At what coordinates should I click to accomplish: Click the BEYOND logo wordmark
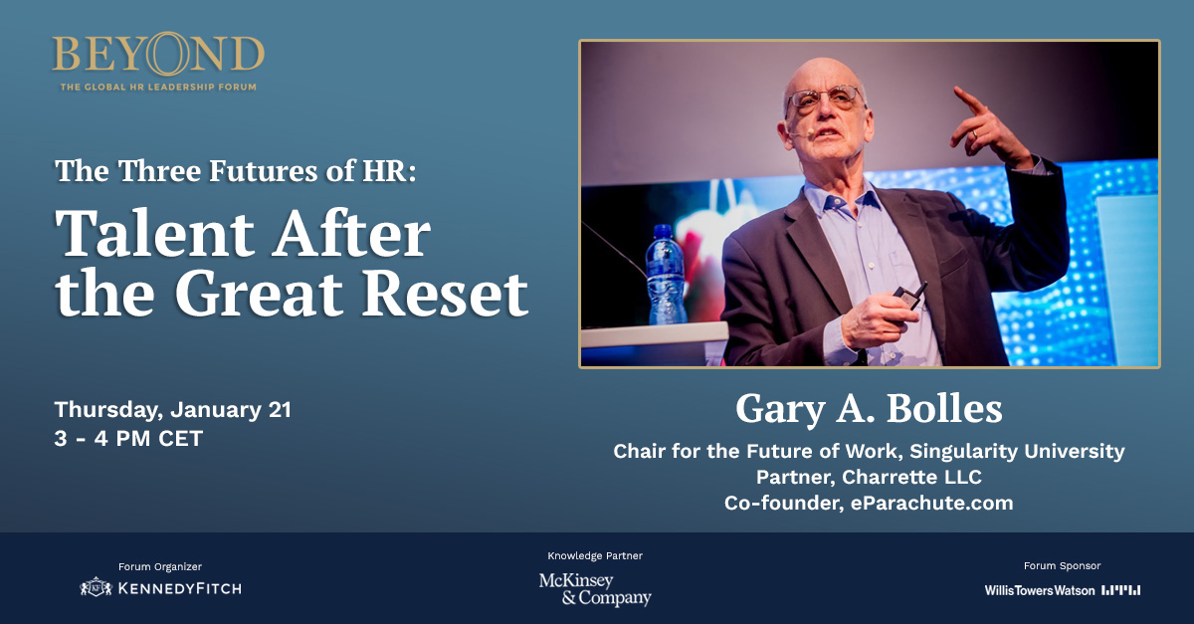(158, 53)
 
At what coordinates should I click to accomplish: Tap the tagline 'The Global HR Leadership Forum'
(158, 87)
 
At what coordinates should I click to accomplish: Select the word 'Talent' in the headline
(154, 234)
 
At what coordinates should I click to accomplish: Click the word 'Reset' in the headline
(445, 294)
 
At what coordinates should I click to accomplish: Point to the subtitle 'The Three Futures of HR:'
(235, 170)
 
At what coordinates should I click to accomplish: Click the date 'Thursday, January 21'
(173, 410)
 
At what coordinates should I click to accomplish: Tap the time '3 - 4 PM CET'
(128, 439)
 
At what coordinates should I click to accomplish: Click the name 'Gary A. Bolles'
(869, 408)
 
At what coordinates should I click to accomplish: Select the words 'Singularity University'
(1017, 451)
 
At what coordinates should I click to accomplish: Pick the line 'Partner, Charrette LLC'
(869, 477)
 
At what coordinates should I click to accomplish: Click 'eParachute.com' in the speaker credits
(931, 503)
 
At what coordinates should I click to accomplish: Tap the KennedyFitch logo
(160, 588)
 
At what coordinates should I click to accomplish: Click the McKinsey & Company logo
(595, 589)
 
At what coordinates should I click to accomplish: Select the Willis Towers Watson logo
(1063, 590)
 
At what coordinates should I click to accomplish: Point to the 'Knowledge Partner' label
(595, 555)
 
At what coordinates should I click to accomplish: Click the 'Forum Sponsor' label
(1062, 566)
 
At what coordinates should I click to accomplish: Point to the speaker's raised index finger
(969, 100)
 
